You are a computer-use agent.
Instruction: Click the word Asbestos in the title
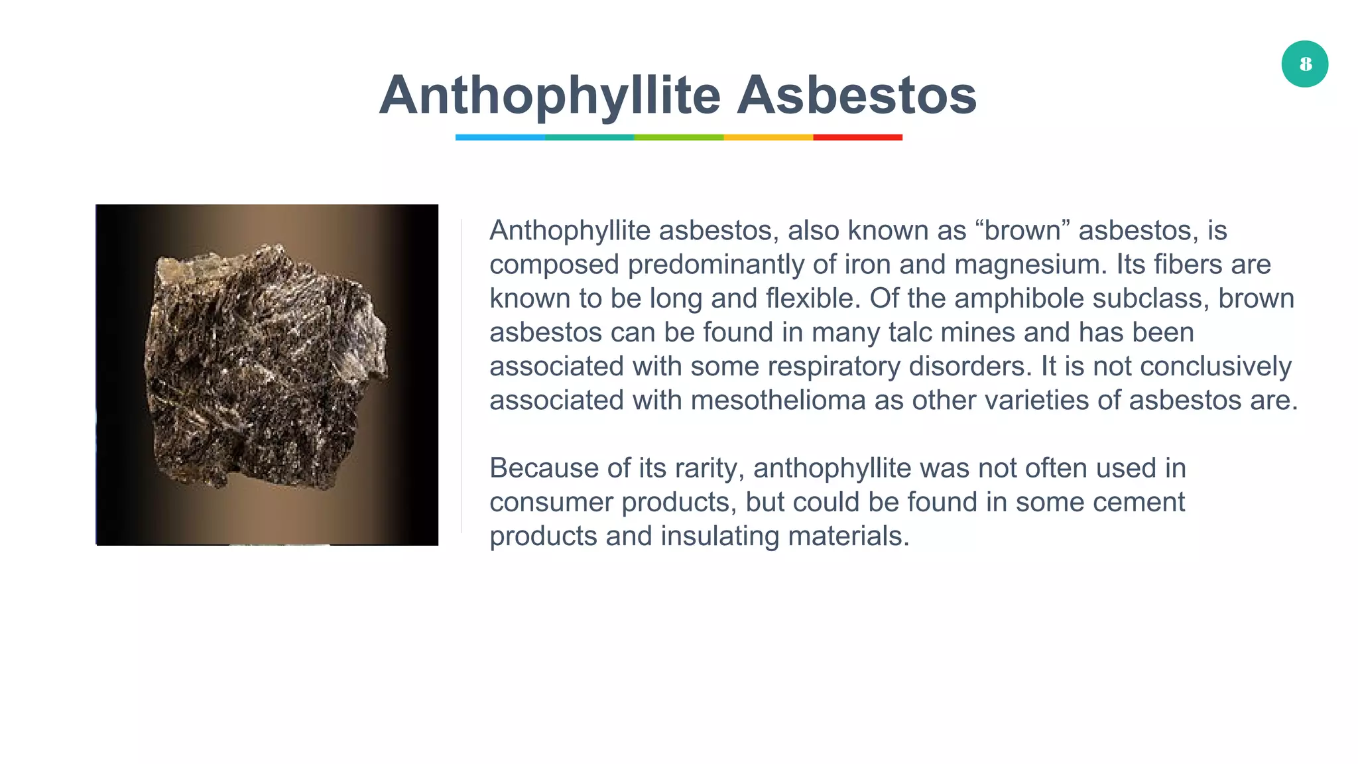[x=857, y=95]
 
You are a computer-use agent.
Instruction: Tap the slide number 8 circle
[x=1304, y=64]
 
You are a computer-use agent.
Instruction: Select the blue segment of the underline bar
[x=500, y=137]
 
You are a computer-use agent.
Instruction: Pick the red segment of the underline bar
[x=857, y=137]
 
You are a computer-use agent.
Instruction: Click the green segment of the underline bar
[x=678, y=137]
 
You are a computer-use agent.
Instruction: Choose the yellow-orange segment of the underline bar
[x=768, y=137]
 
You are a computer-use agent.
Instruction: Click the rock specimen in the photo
[x=265, y=368]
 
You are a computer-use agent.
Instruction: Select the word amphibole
[x=1018, y=298]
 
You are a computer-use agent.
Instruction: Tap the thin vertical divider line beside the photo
[x=462, y=375]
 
